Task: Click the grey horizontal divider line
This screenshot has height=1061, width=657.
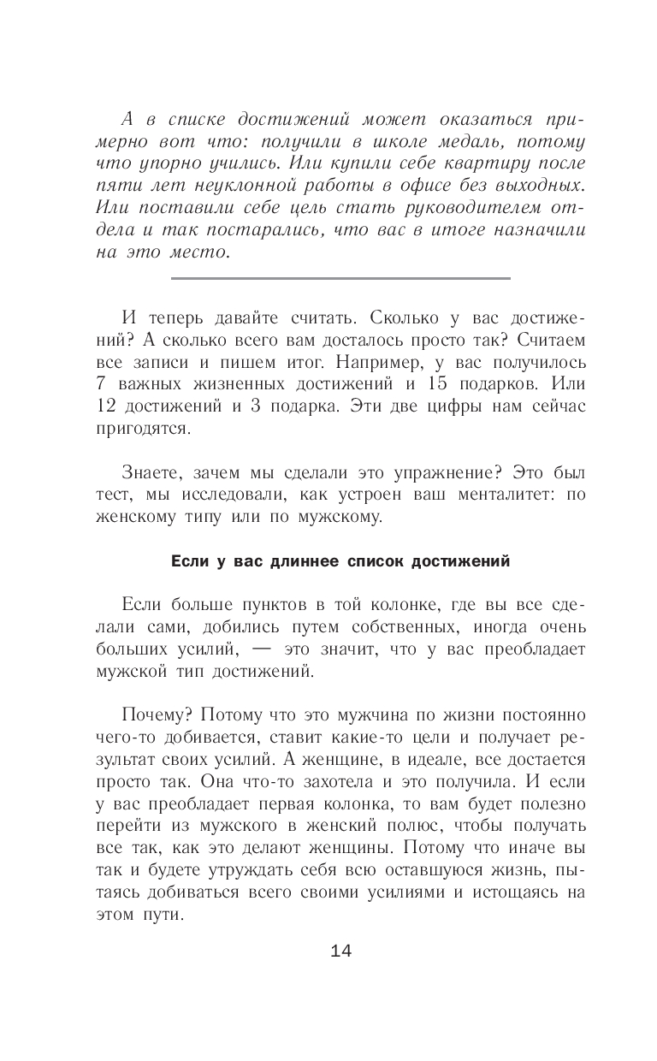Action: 340,278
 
